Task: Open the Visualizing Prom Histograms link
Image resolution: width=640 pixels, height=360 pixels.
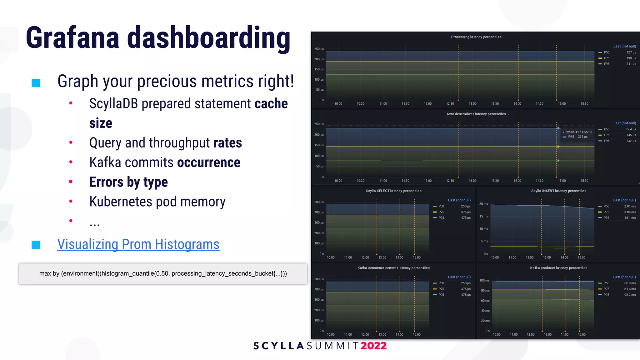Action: pos(138,244)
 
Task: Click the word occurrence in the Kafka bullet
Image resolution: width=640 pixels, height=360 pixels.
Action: pos(208,162)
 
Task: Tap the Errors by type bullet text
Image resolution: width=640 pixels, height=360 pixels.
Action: pos(128,182)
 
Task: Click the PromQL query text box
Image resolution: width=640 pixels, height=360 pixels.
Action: pos(163,274)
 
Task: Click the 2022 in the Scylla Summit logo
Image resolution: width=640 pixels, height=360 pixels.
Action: pos(373,346)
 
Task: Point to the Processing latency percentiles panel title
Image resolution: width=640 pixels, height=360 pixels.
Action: pos(476,37)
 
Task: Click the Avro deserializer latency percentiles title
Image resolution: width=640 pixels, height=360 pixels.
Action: pos(476,114)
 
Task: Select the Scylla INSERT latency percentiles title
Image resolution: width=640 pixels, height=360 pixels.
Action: pos(558,191)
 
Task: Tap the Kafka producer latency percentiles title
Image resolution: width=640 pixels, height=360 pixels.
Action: pos(558,268)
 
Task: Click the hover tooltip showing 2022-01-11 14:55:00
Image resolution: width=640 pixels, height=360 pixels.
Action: pos(577,134)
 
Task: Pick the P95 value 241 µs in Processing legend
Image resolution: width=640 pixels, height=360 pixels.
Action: pos(631,64)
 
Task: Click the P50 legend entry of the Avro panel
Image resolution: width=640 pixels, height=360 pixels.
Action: pos(606,129)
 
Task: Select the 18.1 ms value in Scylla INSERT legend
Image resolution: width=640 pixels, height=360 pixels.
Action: pos(630,218)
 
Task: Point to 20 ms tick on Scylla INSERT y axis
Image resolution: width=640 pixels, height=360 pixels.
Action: pos(483,204)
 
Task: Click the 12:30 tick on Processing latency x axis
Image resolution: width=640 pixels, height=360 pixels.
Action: pos(450,104)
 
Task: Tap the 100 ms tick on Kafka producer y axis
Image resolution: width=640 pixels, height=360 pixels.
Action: pos(484,281)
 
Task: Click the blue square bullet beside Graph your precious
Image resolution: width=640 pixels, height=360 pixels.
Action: pos(36,83)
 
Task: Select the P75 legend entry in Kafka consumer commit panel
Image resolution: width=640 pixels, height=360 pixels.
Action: pos(441,289)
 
